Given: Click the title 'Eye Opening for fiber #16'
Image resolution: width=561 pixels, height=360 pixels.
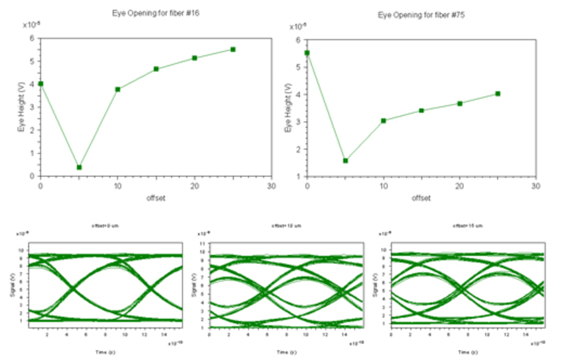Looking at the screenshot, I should [156, 13].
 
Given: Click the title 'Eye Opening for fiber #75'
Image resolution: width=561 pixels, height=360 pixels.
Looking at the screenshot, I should [421, 14].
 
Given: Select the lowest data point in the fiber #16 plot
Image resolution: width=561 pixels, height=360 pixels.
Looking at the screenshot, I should [79, 167].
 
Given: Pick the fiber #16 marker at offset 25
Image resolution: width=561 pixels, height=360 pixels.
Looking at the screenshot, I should [233, 50].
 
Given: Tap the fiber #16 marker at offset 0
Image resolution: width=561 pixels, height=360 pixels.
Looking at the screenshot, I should [41, 84].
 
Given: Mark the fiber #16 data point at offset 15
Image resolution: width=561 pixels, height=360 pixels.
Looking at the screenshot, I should [156, 69].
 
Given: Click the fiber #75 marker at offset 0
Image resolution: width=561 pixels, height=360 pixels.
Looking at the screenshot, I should [307, 53].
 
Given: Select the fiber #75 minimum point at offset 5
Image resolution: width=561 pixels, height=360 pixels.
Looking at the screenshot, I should [345, 161].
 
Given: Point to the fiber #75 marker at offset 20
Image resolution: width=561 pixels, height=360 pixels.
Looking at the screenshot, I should [459, 103].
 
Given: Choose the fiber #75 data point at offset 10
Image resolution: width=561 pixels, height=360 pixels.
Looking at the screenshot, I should [383, 121].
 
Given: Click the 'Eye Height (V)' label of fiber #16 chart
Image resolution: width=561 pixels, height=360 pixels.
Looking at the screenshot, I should [21, 107].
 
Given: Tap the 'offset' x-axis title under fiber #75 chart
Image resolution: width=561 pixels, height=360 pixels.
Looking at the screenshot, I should [421, 198].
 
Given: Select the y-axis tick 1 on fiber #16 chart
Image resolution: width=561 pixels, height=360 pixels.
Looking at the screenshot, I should [33, 153].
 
